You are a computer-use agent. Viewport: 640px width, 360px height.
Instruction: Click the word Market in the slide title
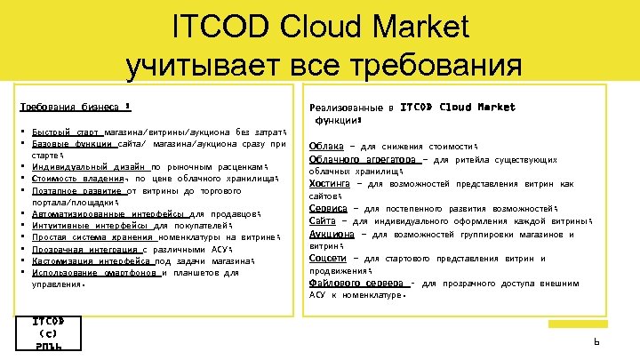(416, 28)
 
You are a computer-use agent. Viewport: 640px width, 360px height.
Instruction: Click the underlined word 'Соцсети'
(328, 259)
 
